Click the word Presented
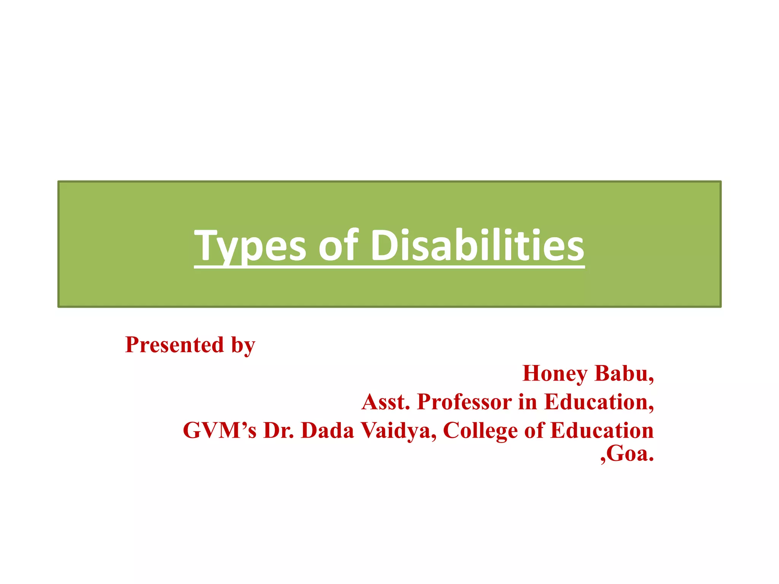click(175, 345)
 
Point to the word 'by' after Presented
click(243, 345)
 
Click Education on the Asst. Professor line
click(599, 402)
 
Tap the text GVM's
click(220, 430)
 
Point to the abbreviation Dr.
click(279, 430)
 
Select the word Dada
click(327, 430)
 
